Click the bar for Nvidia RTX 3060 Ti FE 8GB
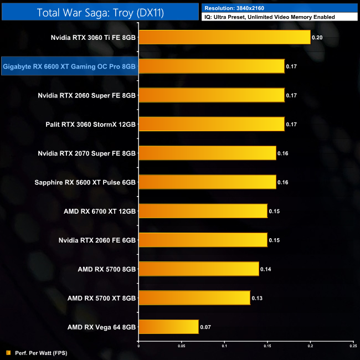point(224,38)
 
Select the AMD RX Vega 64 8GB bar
point(168,327)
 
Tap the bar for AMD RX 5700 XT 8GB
point(194,298)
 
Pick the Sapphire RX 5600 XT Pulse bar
point(207,182)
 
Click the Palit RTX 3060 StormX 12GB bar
point(211,125)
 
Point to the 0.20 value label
point(317,38)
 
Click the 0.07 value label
point(205,327)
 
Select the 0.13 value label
point(257,298)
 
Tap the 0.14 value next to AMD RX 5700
point(266,269)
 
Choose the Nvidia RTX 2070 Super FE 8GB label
point(87,153)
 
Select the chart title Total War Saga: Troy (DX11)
point(100,12)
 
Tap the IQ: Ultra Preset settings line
point(270,17)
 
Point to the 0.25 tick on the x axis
point(353,346)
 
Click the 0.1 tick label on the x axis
point(224,346)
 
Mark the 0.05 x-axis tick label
point(181,346)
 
